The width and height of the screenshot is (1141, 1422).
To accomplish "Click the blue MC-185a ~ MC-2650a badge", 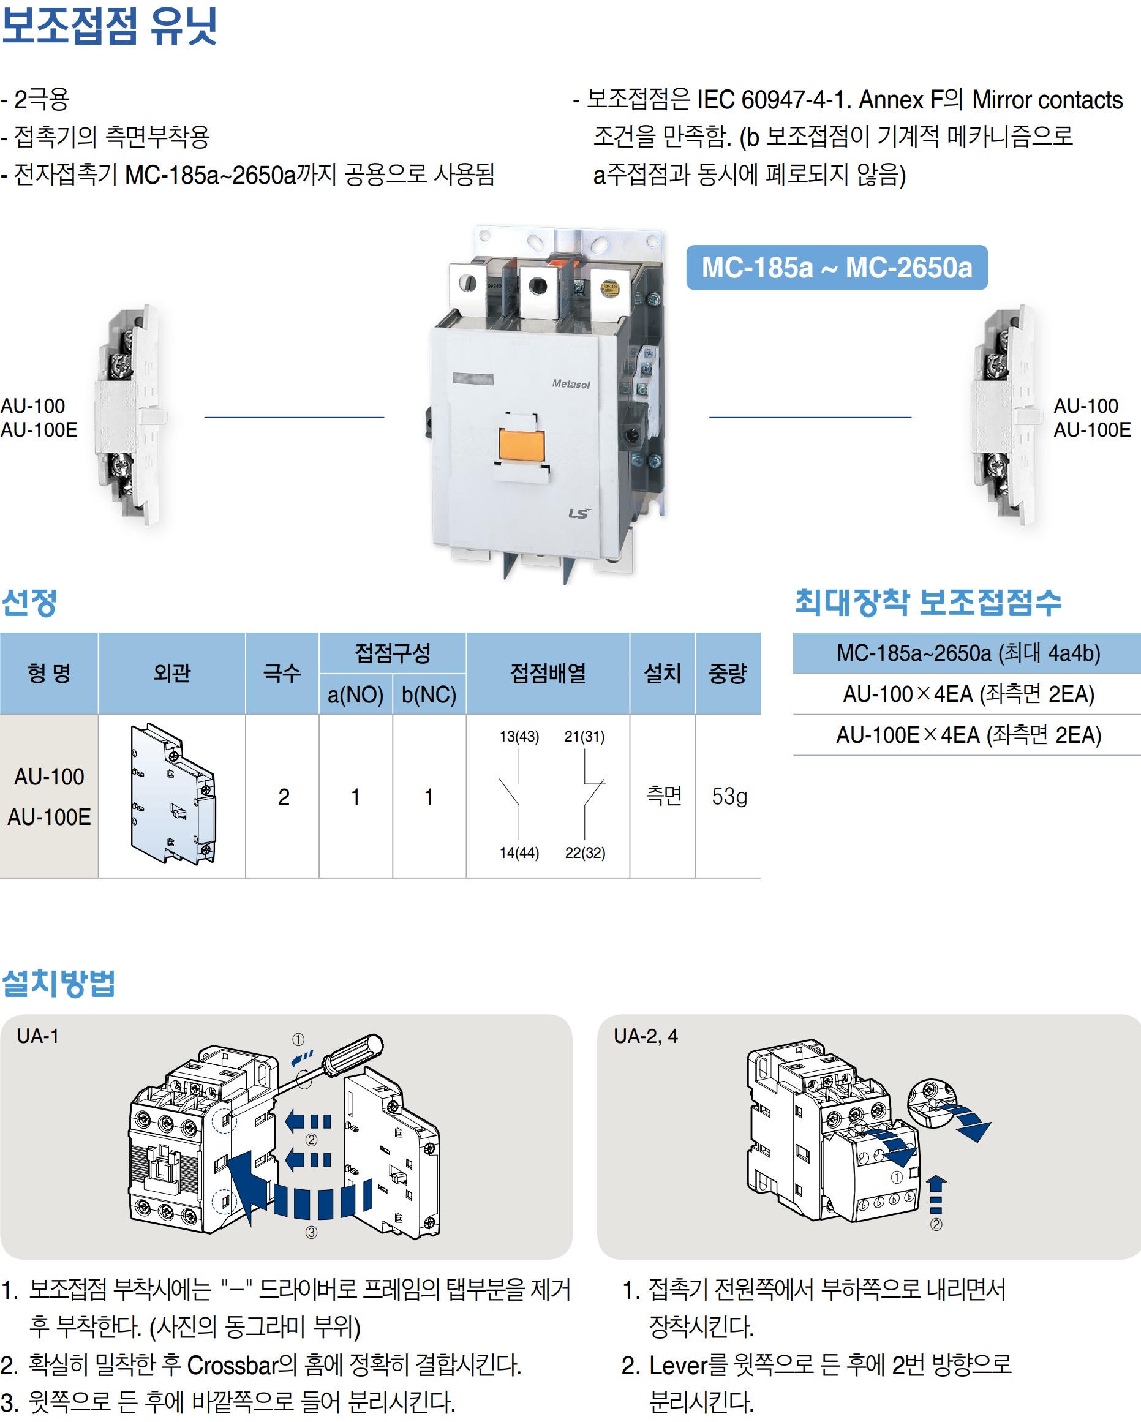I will point(836,267).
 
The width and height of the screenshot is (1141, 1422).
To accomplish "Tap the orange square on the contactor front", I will point(521,445).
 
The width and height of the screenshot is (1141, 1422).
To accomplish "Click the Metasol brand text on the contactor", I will point(571,384).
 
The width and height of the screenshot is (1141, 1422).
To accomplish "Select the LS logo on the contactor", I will point(578,513).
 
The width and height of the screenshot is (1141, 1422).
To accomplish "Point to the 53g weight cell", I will point(729,796).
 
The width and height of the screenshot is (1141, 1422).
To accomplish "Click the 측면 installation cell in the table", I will point(663,796).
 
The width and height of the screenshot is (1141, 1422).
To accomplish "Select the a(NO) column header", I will point(355,694).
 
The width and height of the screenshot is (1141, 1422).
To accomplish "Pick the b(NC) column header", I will point(429,694).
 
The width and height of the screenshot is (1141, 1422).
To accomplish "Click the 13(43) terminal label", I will point(519,736).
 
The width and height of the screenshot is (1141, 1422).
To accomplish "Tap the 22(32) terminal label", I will point(585,853).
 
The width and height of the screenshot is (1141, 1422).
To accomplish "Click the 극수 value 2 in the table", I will point(284,797).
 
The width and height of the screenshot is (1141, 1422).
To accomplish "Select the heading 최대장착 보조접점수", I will point(927,602).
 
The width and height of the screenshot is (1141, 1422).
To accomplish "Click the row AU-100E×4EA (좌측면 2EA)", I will point(968,735).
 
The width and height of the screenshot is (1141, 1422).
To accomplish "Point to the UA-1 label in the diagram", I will point(37,1036).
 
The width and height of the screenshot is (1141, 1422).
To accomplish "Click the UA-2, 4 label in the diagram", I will point(645,1036).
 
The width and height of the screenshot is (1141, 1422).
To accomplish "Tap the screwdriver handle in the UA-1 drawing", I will point(353,1053).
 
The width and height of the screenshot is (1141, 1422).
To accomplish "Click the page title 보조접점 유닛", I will point(109,26).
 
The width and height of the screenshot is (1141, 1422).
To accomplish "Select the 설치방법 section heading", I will point(59,984).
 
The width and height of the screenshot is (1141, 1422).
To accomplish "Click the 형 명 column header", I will point(49,674).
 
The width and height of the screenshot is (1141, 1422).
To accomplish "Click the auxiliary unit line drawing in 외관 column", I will point(173,795).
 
